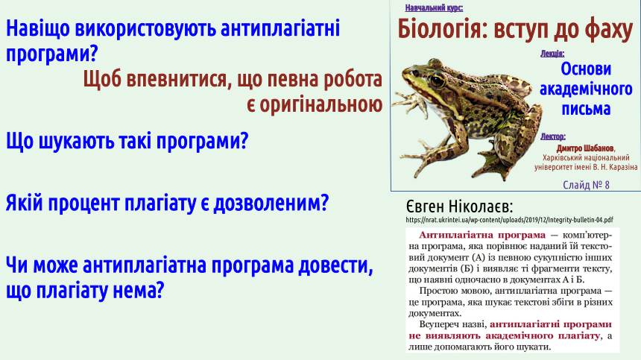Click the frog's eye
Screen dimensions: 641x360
[x=437, y=80]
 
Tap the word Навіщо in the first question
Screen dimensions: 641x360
[x=38, y=29]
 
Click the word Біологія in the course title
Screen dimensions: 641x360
[x=442, y=29]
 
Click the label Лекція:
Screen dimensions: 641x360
[x=552, y=54]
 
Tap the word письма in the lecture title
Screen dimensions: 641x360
[x=586, y=109]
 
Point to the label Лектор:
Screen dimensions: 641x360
[x=553, y=136]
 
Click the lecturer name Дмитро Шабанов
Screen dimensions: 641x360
[x=585, y=148]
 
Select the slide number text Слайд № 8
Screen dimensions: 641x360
[x=586, y=185]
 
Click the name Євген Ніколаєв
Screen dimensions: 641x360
[x=459, y=206]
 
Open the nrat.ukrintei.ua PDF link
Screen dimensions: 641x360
[x=509, y=220]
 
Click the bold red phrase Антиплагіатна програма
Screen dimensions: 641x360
[x=482, y=235]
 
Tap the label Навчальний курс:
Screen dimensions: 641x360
[x=434, y=7]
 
